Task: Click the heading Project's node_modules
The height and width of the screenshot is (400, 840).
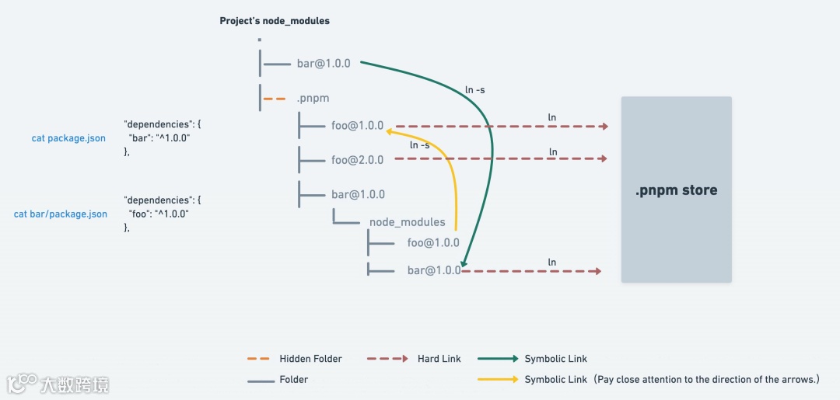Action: tap(275, 21)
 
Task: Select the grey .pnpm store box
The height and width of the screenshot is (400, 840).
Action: tap(676, 190)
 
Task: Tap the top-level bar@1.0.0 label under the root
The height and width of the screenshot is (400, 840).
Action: tap(324, 64)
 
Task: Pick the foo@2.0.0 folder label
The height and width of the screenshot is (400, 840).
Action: tap(357, 160)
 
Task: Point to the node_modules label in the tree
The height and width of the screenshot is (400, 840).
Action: tap(407, 222)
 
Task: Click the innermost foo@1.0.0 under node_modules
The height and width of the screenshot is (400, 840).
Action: tap(433, 243)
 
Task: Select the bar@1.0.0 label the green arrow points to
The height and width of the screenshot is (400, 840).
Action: tap(434, 271)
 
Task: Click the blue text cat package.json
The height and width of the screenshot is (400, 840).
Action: tap(68, 139)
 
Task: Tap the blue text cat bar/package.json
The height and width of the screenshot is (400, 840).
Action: tap(61, 214)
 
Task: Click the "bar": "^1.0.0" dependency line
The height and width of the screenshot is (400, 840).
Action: tap(159, 137)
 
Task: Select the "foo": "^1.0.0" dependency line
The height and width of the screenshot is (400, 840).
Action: tap(159, 214)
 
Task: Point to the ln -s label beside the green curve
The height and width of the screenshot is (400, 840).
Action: tap(475, 90)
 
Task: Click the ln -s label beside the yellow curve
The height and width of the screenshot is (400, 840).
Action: tap(419, 145)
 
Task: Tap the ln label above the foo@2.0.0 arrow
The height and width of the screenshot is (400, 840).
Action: tap(552, 152)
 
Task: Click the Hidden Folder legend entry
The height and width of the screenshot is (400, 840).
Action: tap(310, 359)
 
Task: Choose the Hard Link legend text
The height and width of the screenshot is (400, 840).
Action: tap(439, 359)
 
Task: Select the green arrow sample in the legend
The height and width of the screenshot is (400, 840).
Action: tap(498, 359)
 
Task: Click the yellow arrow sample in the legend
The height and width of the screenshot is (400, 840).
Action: tap(498, 380)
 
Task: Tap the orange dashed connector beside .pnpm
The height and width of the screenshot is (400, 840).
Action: tap(275, 99)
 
